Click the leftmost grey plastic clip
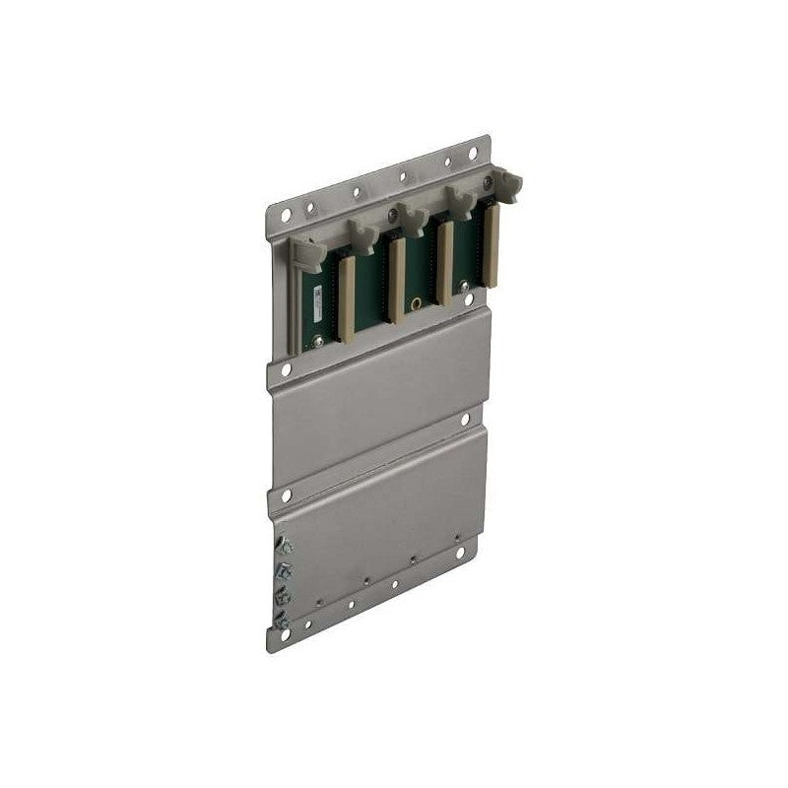pyautogui.click(x=306, y=253)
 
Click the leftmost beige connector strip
pyautogui.click(x=346, y=295)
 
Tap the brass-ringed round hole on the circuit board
pyautogui.click(x=418, y=302)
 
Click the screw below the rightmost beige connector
pyautogui.click(x=469, y=297)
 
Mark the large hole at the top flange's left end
pyautogui.click(x=286, y=214)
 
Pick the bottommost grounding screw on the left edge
pyautogui.click(x=283, y=619)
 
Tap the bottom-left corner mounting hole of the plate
pyautogui.click(x=285, y=636)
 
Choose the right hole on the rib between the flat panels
pyautogui.click(x=466, y=421)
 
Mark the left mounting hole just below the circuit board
pyautogui.click(x=286, y=370)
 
